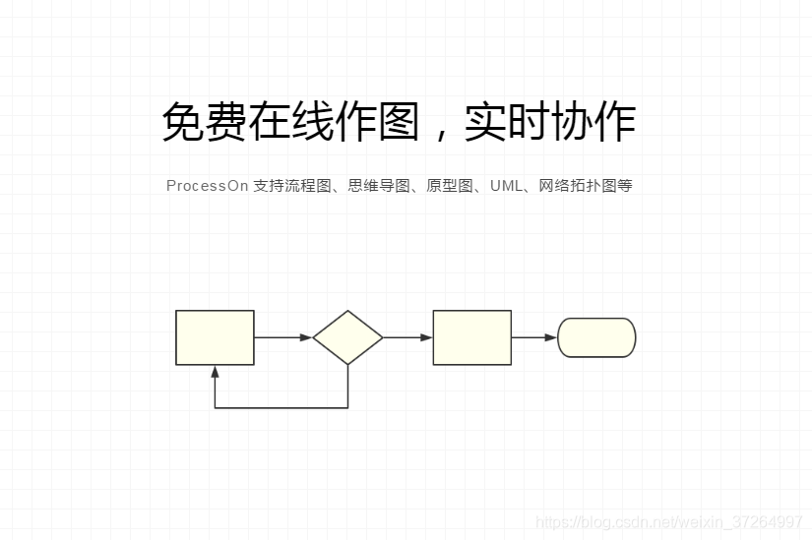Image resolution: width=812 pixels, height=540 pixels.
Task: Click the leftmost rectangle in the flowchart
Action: (215, 337)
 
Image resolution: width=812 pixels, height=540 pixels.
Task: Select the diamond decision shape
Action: (347, 337)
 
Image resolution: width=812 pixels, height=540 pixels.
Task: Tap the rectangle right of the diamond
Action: (471, 337)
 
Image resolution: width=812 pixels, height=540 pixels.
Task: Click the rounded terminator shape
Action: (596, 337)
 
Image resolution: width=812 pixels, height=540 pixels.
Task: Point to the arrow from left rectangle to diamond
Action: (283, 337)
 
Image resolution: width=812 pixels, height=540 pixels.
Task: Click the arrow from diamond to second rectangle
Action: (407, 337)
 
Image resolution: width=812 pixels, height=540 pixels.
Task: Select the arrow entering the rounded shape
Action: (534, 337)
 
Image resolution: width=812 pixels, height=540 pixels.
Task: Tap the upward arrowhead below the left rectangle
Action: (215, 372)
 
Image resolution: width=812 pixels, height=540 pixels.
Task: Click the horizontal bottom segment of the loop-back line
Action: (281, 407)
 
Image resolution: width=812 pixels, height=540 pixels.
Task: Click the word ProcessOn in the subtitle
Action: (207, 186)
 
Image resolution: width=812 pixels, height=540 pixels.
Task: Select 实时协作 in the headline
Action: (550, 123)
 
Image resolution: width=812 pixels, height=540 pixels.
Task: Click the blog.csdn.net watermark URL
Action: (669, 521)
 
